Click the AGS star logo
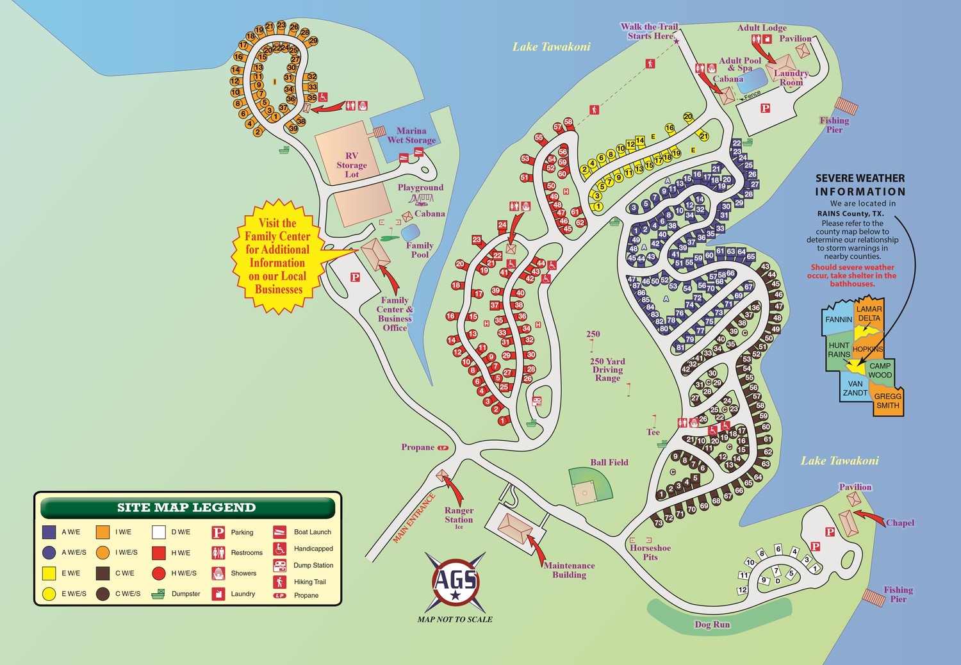click(x=455, y=580)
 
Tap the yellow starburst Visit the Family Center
click(x=278, y=256)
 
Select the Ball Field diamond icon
click(x=589, y=486)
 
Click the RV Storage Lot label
click(x=352, y=165)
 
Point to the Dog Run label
click(x=712, y=624)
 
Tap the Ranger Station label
click(x=459, y=515)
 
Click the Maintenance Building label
click(x=569, y=570)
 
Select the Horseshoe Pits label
click(x=650, y=552)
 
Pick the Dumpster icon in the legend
click(x=158, y=594)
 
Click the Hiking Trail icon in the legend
click(x=280, y=582)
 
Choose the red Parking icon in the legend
click(x=218, y=532)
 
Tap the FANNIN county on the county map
click(x=838, y=320)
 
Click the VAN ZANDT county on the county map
click(x=855, y=388)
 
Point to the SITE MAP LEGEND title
click(x=186, y=507)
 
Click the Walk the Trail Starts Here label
click(x=649, y=31)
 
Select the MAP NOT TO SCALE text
click(x=455, y=619)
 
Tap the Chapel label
click(x=899, y=523)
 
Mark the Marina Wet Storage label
click(x=411, y=135)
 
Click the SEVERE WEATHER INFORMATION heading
click(x=860, y=185)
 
